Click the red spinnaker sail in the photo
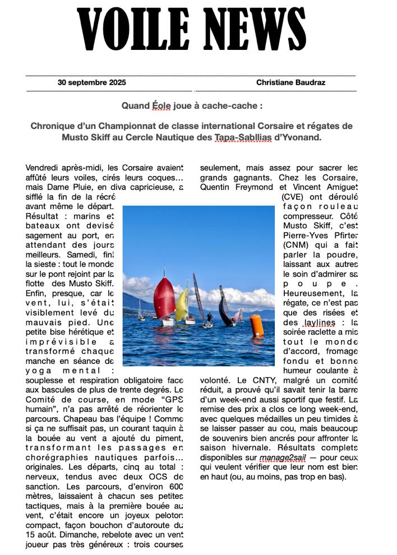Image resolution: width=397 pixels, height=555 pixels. pyautogui.click(x=164, y=297)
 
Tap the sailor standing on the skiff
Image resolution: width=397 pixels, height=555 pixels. pyautogui.click(x=209, y=318)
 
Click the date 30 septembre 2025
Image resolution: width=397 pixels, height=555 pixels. pyautogui.click(x=92, y=82)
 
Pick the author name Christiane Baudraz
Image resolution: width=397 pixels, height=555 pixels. pyautogui.click(x=291, y=82)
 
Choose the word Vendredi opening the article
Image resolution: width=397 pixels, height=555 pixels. pyautogui.click(x=41, y=168)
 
